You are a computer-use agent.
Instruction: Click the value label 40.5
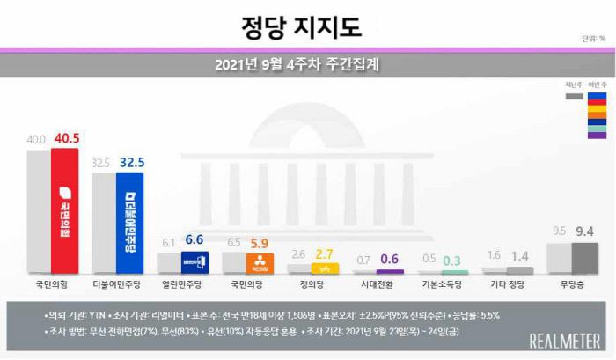click(x=66, y=139)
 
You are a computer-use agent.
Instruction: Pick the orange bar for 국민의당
click(x=260, y=263)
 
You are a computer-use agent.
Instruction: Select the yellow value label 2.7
click(x=326, y=254)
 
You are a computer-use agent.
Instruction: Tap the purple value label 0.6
click(x=391, y=260)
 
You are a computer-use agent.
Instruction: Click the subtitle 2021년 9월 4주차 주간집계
click(x=303, y=64)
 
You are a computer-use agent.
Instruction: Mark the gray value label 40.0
click(x=37, y=140)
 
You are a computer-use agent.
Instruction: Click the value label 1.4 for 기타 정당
click(x=521, y=258)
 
